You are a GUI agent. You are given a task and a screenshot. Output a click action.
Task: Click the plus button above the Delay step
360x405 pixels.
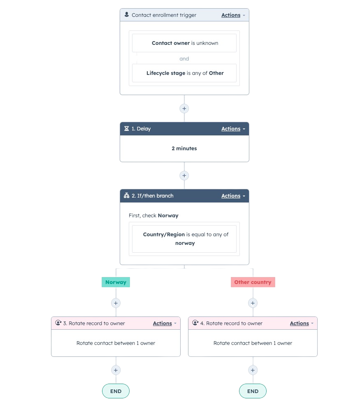click(184, 109)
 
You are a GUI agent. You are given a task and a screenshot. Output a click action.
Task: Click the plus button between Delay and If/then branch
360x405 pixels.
click(184, 176)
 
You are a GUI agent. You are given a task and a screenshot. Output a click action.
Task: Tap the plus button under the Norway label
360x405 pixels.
click(116, 303)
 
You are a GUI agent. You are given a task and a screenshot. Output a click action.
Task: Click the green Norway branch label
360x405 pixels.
click(116, 282)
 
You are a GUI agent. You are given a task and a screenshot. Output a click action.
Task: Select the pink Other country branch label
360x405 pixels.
click(253, 282)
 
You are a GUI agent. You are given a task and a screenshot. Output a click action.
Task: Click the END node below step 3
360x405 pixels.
click(116, 391)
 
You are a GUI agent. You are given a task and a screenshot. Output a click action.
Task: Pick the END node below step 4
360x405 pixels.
click(253, 391)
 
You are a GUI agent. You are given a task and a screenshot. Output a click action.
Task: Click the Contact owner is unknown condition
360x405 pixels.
click(184, 43)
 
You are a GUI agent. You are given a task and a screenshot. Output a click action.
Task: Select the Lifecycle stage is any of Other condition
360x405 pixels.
click(184, 73)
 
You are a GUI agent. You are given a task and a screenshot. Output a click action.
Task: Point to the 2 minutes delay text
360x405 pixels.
click(184, 149)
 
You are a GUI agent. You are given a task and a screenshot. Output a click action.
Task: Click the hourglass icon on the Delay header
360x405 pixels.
click(126, 129)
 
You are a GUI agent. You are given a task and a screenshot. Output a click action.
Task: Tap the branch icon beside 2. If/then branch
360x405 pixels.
click(126, 196)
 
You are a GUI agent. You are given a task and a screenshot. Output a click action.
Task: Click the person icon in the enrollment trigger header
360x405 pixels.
click(126, 15)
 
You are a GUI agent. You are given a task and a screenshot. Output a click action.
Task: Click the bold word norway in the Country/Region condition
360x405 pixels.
click(185, 243)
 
